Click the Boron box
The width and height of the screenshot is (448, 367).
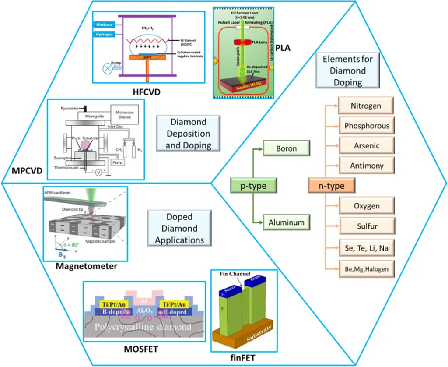[x=287, y=148]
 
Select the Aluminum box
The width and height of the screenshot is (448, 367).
[x=287, y=222]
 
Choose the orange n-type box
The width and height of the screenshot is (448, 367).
[x=331, y=186]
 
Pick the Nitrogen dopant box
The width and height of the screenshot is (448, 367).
[x=366, y=106]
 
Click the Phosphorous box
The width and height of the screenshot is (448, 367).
[x=366, y=126]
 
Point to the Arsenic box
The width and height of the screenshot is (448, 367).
[x=366, y=146]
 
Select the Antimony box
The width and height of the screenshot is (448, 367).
[x=366, y=166]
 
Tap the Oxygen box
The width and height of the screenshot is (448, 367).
[x=366, y=206]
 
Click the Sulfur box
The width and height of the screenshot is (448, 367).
[x=366, y=226]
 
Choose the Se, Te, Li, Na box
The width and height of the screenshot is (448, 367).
[x=366, y=248]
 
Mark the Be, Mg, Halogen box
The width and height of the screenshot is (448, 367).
[x=366, y=268]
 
